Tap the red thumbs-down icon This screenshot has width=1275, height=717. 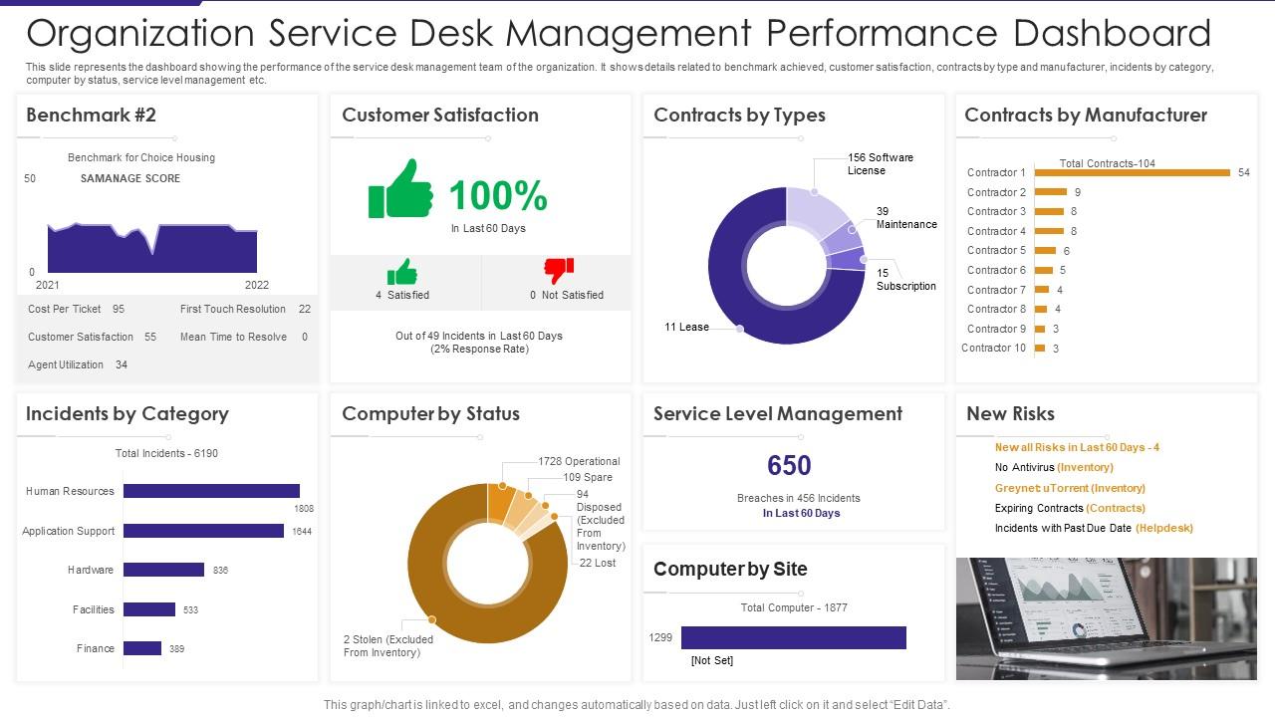click(558, 271)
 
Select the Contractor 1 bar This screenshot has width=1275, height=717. click(1132, 172)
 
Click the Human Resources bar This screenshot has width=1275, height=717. click(211, 491)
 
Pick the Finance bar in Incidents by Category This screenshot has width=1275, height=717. click(142, 648)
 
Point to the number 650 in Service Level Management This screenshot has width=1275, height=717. click(789, 465)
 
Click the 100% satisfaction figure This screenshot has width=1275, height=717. click(498, 195)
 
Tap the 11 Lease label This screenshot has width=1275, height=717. click(687, 327)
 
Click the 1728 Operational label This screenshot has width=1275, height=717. click(579, 461)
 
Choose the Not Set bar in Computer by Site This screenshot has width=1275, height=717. click(793, 637)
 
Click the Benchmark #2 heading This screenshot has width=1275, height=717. click(91, 115)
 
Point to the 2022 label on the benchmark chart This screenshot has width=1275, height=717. click(257, 285)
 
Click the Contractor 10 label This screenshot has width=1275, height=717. click(993, 348)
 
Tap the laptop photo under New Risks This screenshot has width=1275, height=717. click(1106, 618)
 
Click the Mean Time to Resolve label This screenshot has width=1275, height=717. click(233, 337)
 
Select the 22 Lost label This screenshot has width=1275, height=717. click(598, 563)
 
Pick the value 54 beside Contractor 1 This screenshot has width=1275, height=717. click(1244, 172)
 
